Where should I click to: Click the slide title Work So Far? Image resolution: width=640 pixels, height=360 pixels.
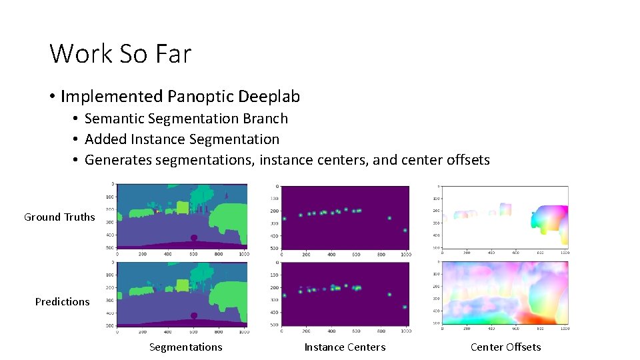(120, 53)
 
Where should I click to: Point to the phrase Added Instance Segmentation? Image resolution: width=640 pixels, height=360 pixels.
(182, 139)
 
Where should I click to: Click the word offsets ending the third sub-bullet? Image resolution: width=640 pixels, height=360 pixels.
(465, 160)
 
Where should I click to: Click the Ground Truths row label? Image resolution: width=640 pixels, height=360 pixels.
(59, 217)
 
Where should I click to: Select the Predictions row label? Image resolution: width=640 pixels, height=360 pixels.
(62, 301)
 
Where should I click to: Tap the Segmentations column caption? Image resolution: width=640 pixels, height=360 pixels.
(185, 347)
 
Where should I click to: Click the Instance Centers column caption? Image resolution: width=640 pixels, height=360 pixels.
(345, 347)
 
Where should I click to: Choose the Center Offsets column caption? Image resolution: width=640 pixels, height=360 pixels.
(505, 347)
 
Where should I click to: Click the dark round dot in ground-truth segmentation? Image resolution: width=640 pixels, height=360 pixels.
(194, 238)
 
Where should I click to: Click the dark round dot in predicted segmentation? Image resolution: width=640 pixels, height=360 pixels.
(194, 316)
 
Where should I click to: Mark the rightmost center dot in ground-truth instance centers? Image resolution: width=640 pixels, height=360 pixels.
(405, 230)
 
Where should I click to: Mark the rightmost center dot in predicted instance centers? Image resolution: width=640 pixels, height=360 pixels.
(405, 307)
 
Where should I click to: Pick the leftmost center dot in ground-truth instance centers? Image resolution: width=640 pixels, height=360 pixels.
(284, 219)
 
